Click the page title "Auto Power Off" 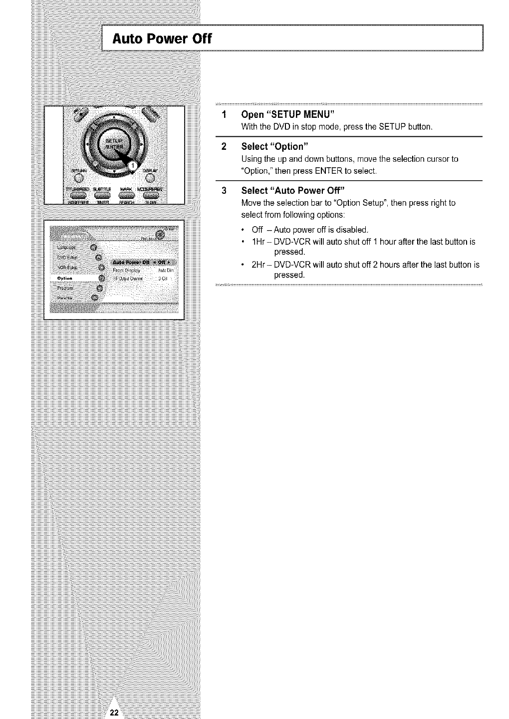point(163,38)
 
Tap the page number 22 point(114,713)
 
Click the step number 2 point(224,146)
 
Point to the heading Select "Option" point(275,146)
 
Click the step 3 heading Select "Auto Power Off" point(293,190)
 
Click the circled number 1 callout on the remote point(133,165)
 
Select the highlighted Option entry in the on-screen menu point(65,278)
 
